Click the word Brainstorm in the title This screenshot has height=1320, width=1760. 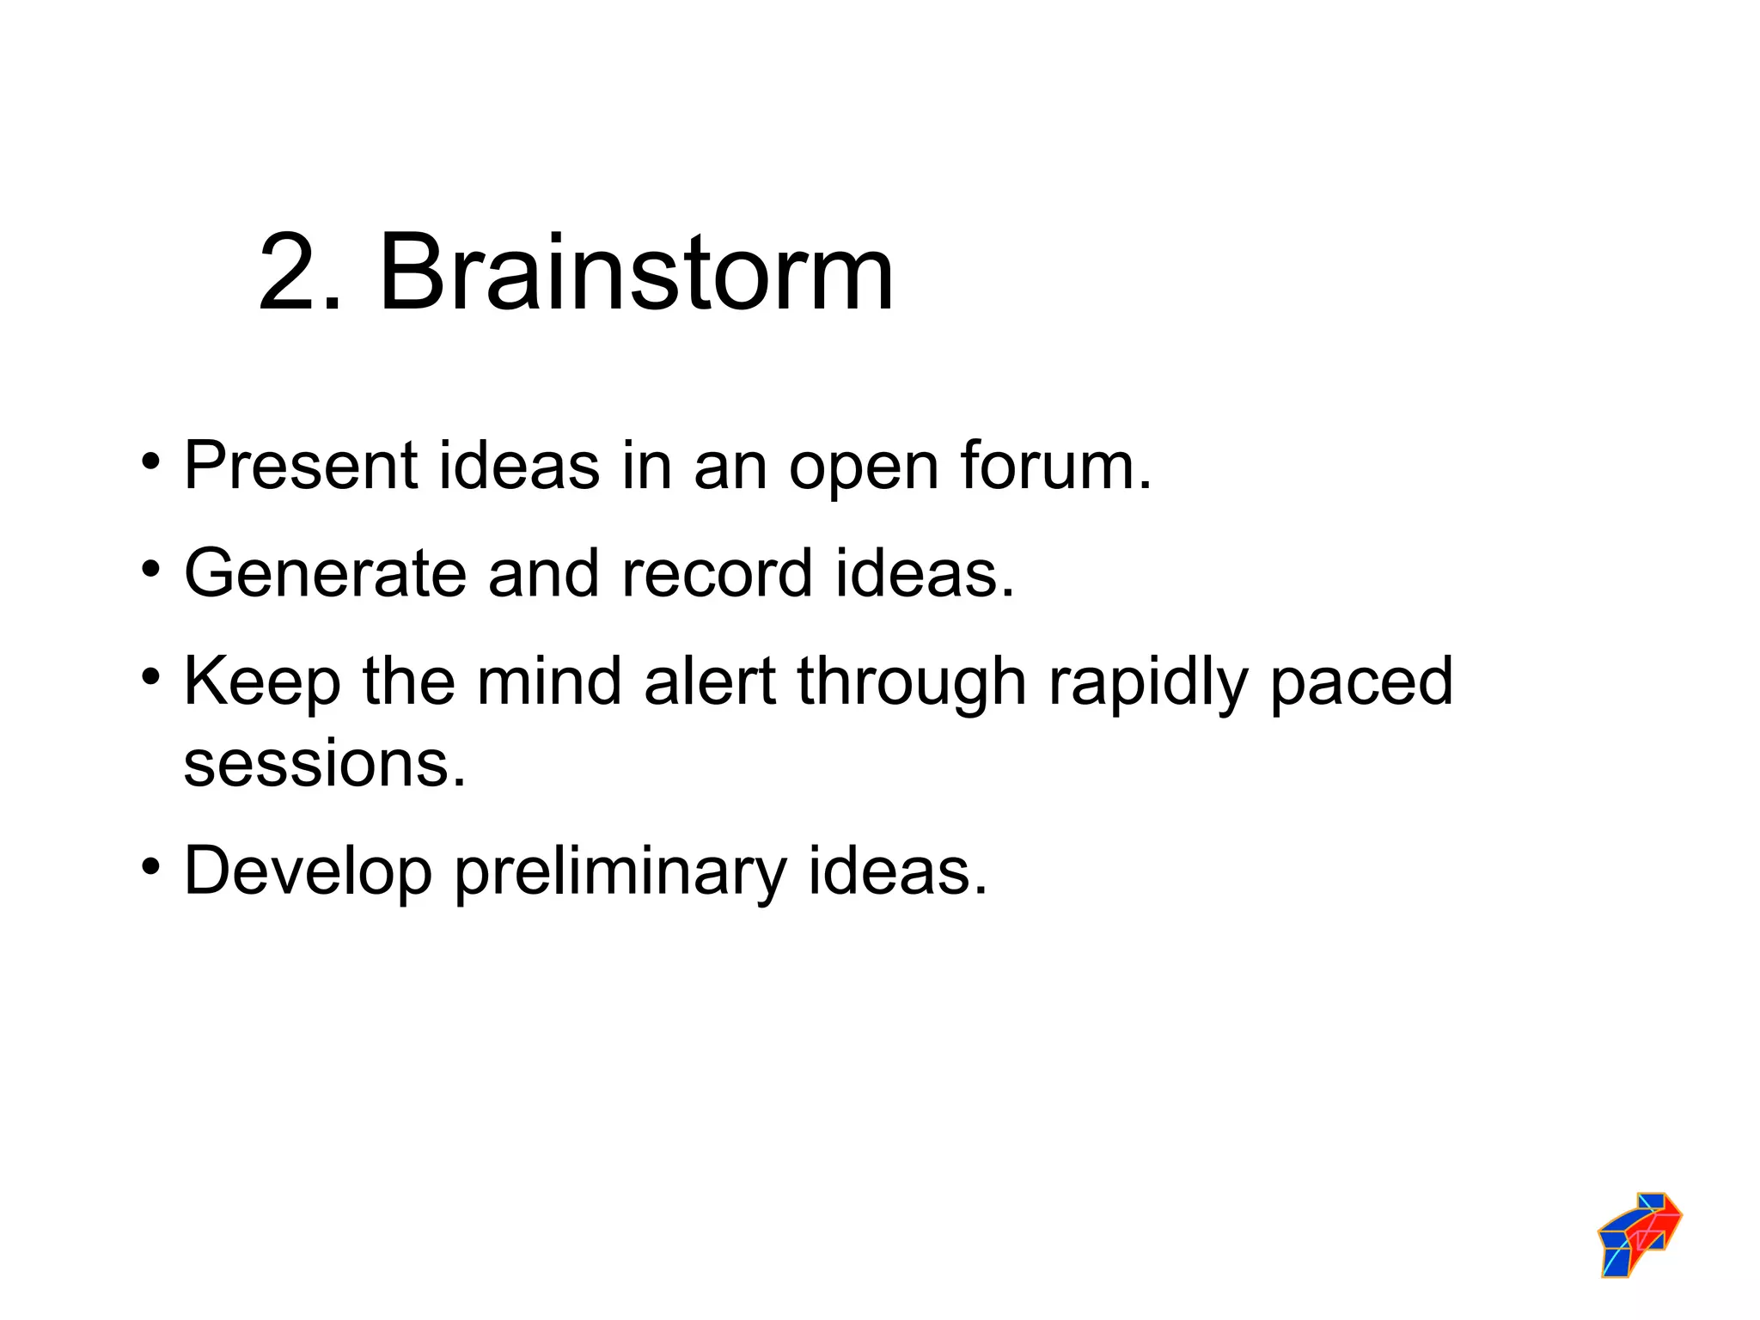(x=636, y=273)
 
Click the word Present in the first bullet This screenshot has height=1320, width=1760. (x=301, y=466)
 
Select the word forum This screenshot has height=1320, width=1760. (x=1055, y=466)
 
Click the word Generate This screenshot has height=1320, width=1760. (x=325, y=573)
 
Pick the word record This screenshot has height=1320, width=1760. (x=717, y=573)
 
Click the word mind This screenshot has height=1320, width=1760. (x=549, y=681)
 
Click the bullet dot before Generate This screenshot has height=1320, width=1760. (x=151, y=570)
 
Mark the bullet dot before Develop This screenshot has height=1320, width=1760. (x=151, y=867)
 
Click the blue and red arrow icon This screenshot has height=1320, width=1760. (x=1639, y=1234)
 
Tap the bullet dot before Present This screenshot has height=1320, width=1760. (x=151, y=462)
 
